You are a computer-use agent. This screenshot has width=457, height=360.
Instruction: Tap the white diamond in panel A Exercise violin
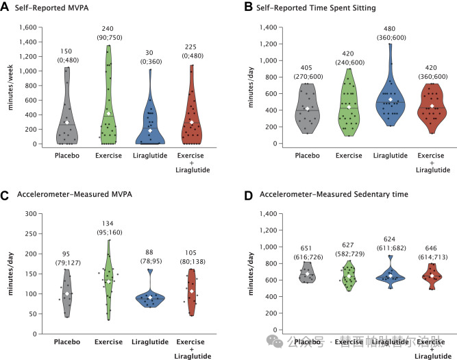coord(108,113)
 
